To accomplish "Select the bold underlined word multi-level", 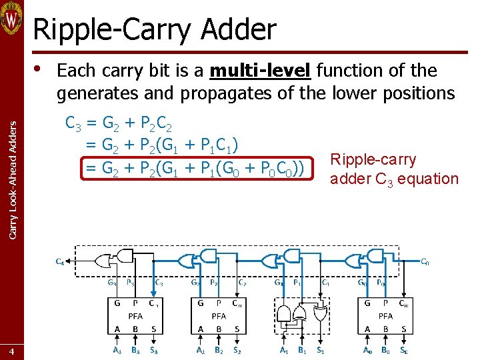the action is point(260,71).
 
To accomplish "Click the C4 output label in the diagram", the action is point(60,261).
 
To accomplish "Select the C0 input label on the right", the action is point(425,261).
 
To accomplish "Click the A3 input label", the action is point(117,349).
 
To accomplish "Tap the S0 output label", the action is point(404,349).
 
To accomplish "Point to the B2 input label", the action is point(219,349).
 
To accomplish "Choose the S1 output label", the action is point(321,349).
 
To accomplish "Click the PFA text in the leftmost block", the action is point(135,317).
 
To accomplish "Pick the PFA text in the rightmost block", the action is point(385,317).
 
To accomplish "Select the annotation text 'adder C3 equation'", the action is point(394,179).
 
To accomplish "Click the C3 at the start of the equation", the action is point(75,123).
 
